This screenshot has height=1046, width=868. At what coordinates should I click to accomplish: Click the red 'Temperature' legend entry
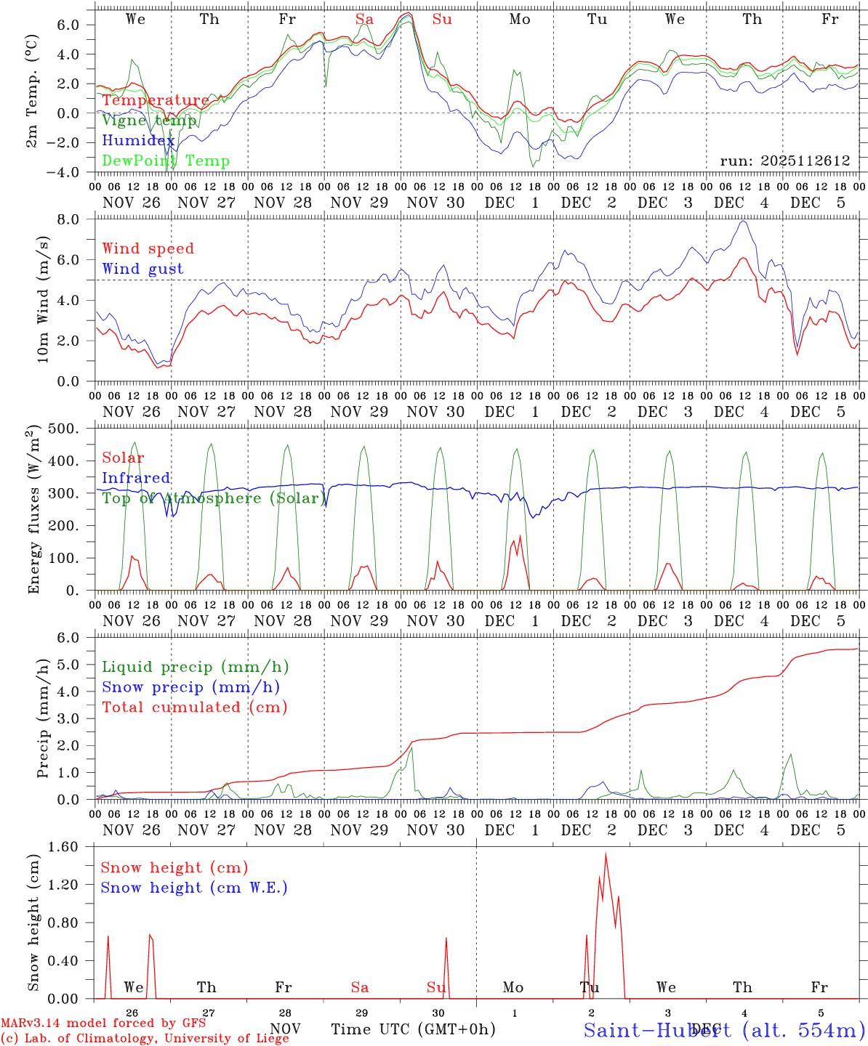click(155, 100)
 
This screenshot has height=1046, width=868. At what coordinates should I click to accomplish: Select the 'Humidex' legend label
click(138, 141)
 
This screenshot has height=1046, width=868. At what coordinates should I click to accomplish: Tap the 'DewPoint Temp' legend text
click(166, 161)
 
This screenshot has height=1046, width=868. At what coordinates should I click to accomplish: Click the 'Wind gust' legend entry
click(142, 269)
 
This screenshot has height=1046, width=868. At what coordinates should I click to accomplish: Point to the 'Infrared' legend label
click(136, 478)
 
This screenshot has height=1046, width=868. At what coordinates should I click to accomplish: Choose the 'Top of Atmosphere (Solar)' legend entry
click(214, 498)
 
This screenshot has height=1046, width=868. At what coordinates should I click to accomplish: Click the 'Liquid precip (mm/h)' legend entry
click(195, 667)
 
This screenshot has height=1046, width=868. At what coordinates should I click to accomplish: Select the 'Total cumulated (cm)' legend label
click(194, 708)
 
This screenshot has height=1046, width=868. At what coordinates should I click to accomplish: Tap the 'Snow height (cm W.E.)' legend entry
click(193, 888)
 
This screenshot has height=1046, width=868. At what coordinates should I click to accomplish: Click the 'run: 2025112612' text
click(784, 161)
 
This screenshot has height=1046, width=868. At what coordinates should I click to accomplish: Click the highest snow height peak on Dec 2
click(606, 855)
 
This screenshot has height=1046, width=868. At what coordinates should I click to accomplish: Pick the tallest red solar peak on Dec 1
click(520, 536)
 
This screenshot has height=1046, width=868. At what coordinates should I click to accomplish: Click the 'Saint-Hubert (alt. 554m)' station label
click(723, 1029)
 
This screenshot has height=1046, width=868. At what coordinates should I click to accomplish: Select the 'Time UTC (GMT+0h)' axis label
click(413, 1029)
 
